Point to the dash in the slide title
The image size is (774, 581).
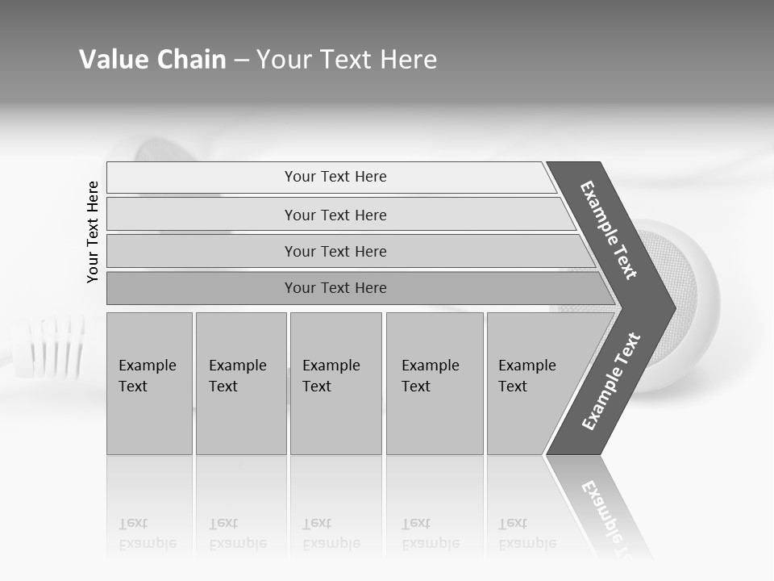click(x=241, y=61)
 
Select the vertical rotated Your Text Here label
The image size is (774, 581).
click(x=93, y=232)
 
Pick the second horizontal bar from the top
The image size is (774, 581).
click(x=335, y=215)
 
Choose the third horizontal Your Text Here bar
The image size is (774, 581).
click(x=335, y=251)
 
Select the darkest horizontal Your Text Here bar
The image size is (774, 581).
click(x=335, y=288)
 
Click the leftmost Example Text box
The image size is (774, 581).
click(x=149, y=382)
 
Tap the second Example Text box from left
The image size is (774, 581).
click(x=240, y=382)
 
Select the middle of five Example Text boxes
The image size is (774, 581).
click(x=335, y=382)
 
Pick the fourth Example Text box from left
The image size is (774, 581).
click(x=435, y=382)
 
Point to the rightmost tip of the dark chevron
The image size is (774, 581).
click(x=673, y=307)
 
